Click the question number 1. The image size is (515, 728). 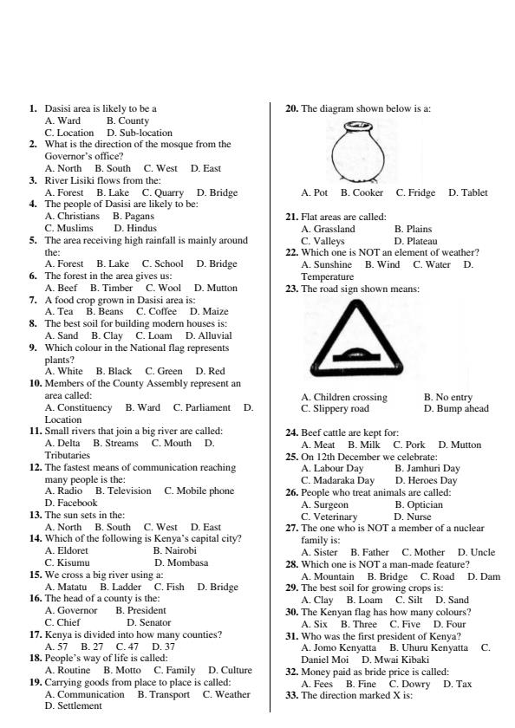pyautogui.click(x=33, y=108)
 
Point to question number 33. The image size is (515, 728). pyautogui.click(x=292, y=696)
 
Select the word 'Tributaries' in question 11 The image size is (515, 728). pyautogui.click(x=68, y=455)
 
